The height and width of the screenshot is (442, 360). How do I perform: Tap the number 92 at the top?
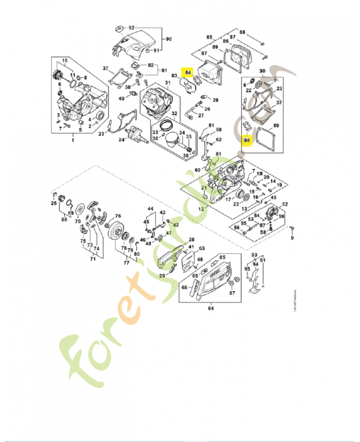[131, 27]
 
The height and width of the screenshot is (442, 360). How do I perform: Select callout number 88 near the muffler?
[242, 33]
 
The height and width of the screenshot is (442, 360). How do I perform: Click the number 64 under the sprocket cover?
[210, 309]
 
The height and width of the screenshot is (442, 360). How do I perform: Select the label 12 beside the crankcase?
[201, 209]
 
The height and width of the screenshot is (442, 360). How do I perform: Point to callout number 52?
[285, 204]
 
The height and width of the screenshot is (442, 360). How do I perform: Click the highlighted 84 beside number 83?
[188, 72]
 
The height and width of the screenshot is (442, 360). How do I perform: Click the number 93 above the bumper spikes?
[255, 255]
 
